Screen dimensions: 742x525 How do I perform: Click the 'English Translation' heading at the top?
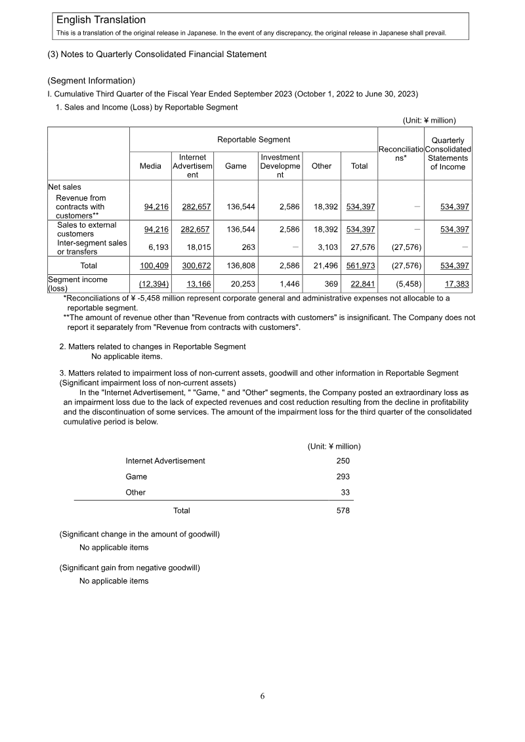point(101,20)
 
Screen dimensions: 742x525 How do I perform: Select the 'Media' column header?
point(150,167)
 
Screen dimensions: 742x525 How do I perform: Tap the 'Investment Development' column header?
point(280,167)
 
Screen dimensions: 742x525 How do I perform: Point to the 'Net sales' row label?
point(64,187)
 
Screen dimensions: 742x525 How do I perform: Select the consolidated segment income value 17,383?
point(453,283)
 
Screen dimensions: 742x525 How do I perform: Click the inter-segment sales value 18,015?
point(196,247)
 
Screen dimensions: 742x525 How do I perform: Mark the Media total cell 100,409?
point(154,266)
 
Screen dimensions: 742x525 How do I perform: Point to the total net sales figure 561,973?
point(360,266)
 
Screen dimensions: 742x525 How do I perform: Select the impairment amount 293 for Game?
point(343,477)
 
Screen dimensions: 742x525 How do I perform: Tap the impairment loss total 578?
point(343,510)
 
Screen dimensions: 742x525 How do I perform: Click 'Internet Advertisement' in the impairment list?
point(165,461)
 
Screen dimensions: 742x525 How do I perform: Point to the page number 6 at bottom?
point(262,697)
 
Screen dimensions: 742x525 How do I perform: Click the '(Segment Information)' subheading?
point(91,81)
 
